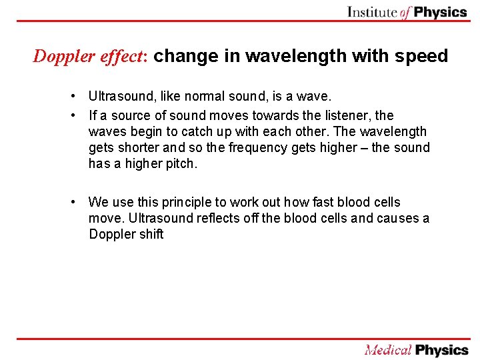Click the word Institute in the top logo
[x=372, y=12]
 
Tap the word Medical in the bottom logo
[x=387, y=350]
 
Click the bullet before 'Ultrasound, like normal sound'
[x=79, y=97]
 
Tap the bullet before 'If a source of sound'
[x=79, y=115]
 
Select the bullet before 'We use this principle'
[x=79, y=202]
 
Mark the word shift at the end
[x=151, y=234]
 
